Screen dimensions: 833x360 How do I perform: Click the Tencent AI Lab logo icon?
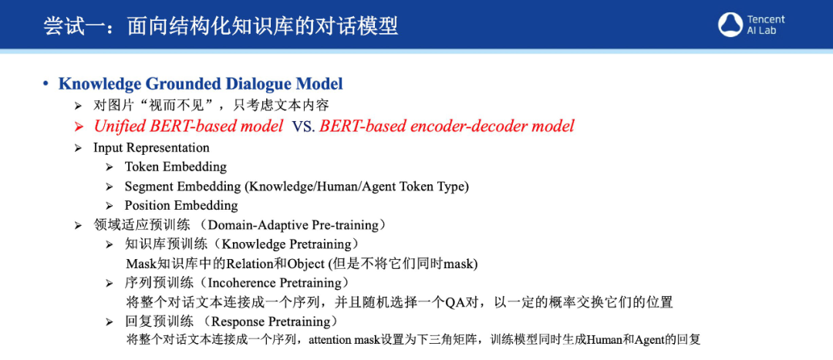(x=730, y=25)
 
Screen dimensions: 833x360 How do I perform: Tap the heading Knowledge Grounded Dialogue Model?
(x=201, y=84)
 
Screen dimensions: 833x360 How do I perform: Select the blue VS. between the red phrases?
(x=302, y=127)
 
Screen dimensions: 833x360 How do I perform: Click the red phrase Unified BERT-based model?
(x=188, y=126)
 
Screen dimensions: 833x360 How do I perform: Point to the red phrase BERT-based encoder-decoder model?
(x=447, y=126)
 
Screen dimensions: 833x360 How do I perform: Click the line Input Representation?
(x=151, y=147)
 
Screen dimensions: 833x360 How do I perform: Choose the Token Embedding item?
(x=176, y=167)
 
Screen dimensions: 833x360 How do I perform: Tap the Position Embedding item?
(x=181, y=206)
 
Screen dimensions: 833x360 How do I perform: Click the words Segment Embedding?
(x=183, y=187)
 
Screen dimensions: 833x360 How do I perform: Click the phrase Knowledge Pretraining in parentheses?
(x=286, y=244)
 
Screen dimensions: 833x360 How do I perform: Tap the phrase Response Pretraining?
(x=271, y=321)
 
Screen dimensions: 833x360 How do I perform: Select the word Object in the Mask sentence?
(x=306, y=264)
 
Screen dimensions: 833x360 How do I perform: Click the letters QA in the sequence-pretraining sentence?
(x=455, y=303)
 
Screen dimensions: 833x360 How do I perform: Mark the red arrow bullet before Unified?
(x=79, y=127)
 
